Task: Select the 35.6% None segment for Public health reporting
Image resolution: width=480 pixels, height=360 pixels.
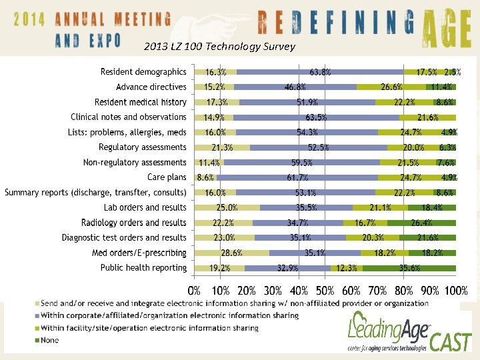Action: tap(409, 268)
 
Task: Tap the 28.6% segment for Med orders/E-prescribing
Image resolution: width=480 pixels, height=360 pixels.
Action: tap(231, 253)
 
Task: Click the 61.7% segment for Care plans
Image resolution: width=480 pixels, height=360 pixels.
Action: tap(297, 177)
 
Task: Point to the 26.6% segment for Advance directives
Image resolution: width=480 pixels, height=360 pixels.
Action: tap(391, 87)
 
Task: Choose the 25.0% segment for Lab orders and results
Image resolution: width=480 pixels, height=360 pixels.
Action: tap(227, 207)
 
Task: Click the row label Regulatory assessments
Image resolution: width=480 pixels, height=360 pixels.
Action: tap(143, 147)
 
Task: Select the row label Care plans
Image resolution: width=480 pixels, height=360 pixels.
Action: tap(167, 177)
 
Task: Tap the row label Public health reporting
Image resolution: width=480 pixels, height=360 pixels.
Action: tap(143, 268)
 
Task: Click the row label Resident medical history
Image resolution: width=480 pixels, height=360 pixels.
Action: tap(141, 102)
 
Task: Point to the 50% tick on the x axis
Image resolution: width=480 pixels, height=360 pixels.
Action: tap(325, 291)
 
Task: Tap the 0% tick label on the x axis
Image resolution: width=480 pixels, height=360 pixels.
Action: tap(194, 291)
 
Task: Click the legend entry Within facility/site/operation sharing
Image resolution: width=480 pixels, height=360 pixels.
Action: tap(149, 328)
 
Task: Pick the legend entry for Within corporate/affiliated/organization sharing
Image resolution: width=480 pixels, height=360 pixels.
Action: tap(169, 315)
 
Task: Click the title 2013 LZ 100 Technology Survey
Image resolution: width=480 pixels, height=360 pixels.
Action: tap(214, 46)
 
